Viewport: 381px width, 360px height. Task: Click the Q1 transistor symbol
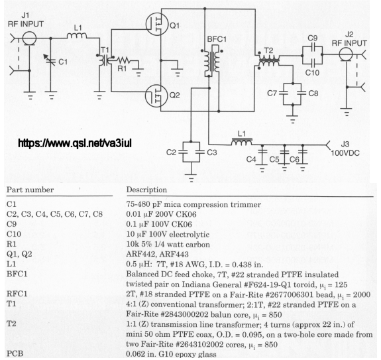(157, 24)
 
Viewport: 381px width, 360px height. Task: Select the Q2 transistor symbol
(157, 95)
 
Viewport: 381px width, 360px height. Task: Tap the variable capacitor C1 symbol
(51, 61)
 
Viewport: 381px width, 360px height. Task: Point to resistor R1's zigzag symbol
(123, 60)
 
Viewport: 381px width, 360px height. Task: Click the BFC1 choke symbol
(212, 61)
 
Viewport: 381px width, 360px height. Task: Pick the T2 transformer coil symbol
(269, 60)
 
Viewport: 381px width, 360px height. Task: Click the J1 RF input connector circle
(29, 38)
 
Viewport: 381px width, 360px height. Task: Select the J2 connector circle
(346, 54)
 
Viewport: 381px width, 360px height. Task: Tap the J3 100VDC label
(345, 149)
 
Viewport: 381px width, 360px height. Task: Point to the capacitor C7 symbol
(284, 93)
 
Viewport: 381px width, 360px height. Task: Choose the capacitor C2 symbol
(183, 152)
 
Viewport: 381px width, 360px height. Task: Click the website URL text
(75, 143)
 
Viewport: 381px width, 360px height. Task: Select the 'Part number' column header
(30, 190)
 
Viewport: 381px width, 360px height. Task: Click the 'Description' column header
(146, 190)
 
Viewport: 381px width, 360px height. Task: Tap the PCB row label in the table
(15, 353)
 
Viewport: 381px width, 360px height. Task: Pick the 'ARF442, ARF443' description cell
(157, 255)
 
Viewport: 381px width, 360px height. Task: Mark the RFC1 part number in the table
(17, 294)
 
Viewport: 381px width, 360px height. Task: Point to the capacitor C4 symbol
(262, 152)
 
